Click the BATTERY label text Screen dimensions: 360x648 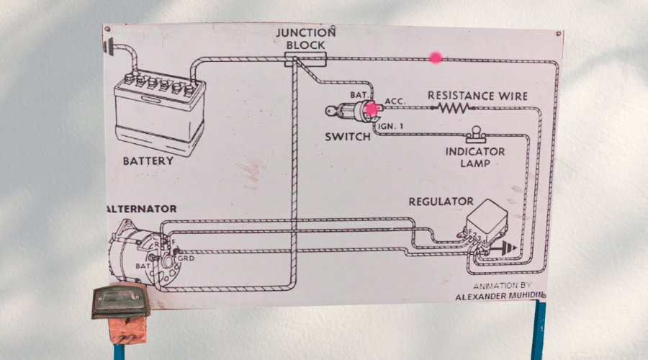click(148, 161)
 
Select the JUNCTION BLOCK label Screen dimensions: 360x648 click(306, 39)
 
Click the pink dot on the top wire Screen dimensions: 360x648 click(436, 58)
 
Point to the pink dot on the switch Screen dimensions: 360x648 click(372, 109)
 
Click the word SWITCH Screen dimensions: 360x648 click(347, 137)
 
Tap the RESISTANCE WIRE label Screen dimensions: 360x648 click(477, 96)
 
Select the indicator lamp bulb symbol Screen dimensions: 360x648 click(474, 133)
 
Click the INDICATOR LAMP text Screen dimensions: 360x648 click(474, 157)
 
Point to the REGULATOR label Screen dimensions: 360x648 click(441, 202)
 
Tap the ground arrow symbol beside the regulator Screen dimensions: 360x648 click(508, 248)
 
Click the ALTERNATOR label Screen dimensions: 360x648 click(142, 209)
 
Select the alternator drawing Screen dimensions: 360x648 click(140, 256)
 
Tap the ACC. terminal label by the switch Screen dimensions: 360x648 click(395, 102)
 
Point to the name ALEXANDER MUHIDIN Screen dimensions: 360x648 click(500, 295)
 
